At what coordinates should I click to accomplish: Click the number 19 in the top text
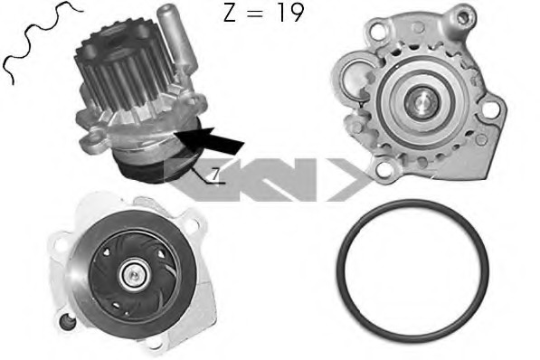point(291,13)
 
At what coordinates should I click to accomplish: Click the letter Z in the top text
point(230,13)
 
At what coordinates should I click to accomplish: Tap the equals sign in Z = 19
point(257,14)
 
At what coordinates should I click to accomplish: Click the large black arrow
point(209,139)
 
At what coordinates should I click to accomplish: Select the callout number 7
point(215,175)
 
